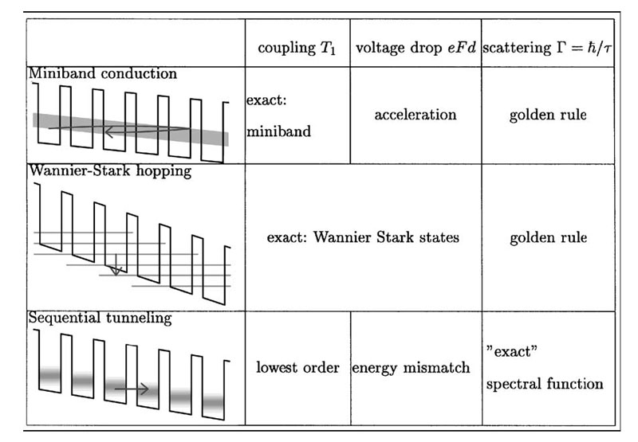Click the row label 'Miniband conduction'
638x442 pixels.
103,74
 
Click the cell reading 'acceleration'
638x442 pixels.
415,115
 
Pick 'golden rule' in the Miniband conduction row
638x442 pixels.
547,115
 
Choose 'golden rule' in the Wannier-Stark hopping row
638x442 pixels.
547,237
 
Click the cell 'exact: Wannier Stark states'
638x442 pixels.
363,237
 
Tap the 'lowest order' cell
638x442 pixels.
297,368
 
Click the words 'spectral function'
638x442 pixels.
545,384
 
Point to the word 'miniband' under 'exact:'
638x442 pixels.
279,131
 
